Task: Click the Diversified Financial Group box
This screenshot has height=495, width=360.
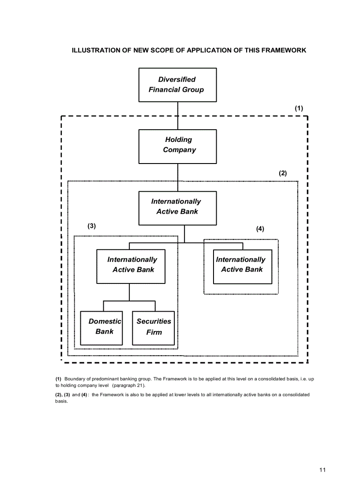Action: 177,85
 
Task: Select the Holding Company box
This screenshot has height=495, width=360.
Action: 177,146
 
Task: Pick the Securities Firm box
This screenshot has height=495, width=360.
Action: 154,328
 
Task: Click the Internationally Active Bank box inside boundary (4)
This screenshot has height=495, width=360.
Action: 242,266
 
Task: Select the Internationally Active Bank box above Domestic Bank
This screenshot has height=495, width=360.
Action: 131,266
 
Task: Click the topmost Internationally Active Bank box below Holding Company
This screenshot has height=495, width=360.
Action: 177,208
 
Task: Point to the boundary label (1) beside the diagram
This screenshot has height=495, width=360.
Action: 299,108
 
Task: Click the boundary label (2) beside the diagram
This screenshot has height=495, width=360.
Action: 282,173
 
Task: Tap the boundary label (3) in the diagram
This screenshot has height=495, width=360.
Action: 91,226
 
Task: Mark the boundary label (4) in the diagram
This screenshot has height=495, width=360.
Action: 260,229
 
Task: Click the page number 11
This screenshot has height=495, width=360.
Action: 322,470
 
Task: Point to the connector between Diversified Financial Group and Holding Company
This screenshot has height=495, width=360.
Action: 177,115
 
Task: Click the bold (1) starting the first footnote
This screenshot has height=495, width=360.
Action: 58,379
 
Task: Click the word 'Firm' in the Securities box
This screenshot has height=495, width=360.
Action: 154,332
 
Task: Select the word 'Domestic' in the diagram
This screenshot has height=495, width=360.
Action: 105,321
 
